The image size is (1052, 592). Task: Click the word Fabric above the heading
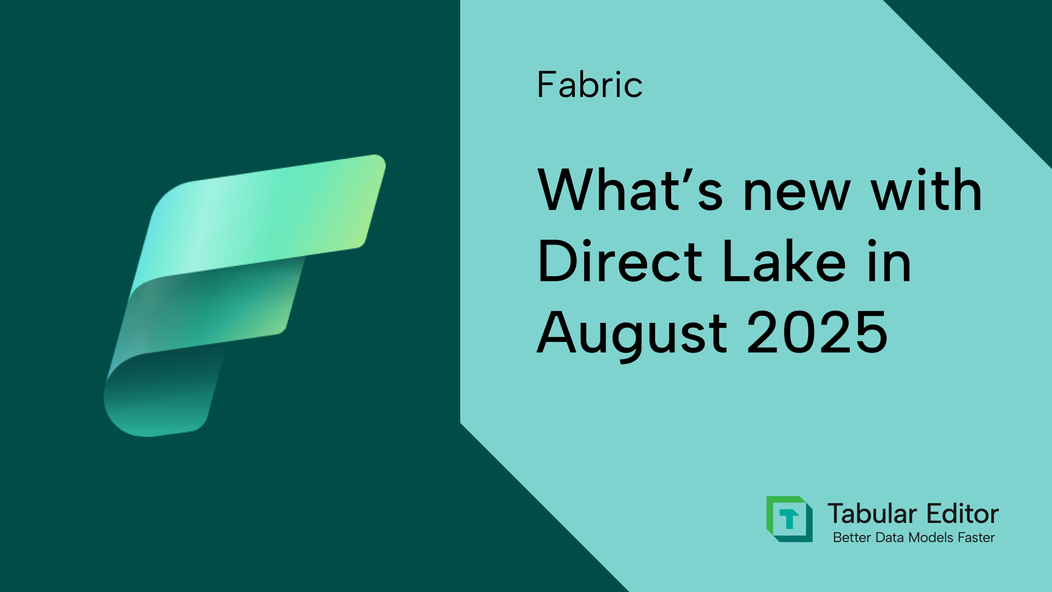[x=590, y=85]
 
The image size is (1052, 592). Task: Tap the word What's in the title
[x=630, y=190]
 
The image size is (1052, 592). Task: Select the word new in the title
[x=796, y=192]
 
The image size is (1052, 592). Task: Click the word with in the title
[x=927, y=190]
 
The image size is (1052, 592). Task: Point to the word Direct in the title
[x=620, y=261]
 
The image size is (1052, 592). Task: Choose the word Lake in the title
[x=784, y=261]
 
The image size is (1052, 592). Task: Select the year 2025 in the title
[x=817, y=332]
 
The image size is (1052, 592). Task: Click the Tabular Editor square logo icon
[x=789, y=519]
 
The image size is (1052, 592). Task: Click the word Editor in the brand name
[x=963, y=514]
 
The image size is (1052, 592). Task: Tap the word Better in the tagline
[x=851, y=538]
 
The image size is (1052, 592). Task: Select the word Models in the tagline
[x=931, y=538]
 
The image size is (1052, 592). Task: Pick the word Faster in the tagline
[x=977, y=538]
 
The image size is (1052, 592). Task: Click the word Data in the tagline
[x=890, y=538]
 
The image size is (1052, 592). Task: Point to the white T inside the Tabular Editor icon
[x=789, y=518]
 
